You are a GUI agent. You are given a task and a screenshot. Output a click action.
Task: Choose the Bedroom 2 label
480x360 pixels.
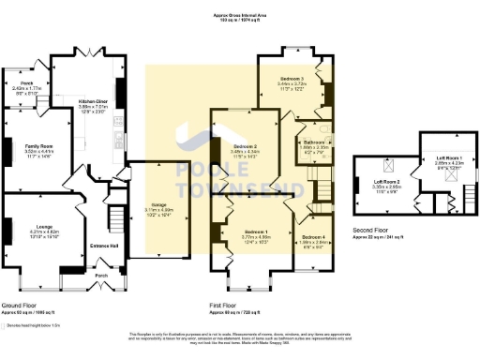pos(246,147)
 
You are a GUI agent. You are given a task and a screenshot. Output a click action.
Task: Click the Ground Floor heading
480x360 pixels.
pos(20,306)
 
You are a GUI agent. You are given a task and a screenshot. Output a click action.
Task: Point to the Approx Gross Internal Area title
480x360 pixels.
pos(241,16)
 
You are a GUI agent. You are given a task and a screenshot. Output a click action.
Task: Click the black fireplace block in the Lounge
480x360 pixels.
pos(7,231)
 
